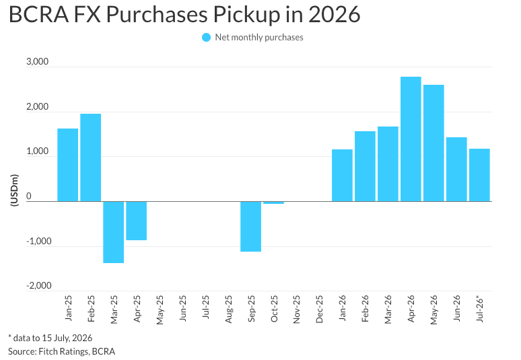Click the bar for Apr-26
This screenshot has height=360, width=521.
[x=411, y=139]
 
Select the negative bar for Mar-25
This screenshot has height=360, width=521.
[x=113, y=232]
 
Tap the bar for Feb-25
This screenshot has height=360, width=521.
[x=91, y=157]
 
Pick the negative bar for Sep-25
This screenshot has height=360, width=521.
[x=251, y=227]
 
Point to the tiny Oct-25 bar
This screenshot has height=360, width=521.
[x=274, y=203]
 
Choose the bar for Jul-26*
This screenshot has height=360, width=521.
[x=479, y=175]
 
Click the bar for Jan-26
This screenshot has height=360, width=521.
[x=342, y=176]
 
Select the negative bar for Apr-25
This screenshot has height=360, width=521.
[x=136, y=221]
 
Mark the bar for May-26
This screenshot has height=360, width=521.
[x=433, y=143]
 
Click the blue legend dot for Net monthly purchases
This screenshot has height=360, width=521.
[x=207, y=38]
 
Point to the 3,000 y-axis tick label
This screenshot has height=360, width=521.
[x=37, y=62]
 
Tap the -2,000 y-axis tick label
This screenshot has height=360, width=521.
[x=39, y=285]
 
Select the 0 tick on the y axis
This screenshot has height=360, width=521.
[x=28, y=196]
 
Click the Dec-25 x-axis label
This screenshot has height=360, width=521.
[x=319, y=309]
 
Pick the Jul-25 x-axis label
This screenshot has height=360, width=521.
[x=205, y=308]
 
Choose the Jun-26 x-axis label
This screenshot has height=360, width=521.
[x=457, y=308]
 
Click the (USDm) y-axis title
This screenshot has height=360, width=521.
[x=14, y=190]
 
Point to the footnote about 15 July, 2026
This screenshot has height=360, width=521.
[x=50, y=338]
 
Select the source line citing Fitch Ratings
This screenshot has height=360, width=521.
[x=61, y=351]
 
